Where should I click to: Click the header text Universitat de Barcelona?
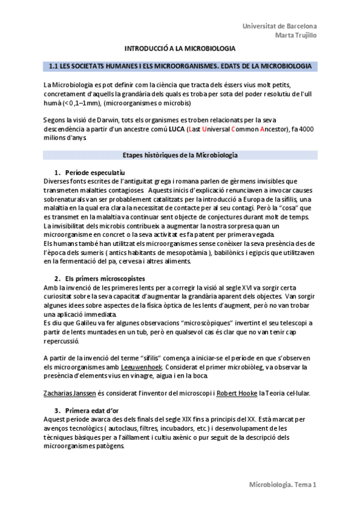(279, 26)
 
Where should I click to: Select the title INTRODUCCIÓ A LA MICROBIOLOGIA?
(180, 48)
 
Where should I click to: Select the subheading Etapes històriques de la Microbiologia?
(180, 155)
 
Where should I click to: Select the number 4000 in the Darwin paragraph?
(306, 129)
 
